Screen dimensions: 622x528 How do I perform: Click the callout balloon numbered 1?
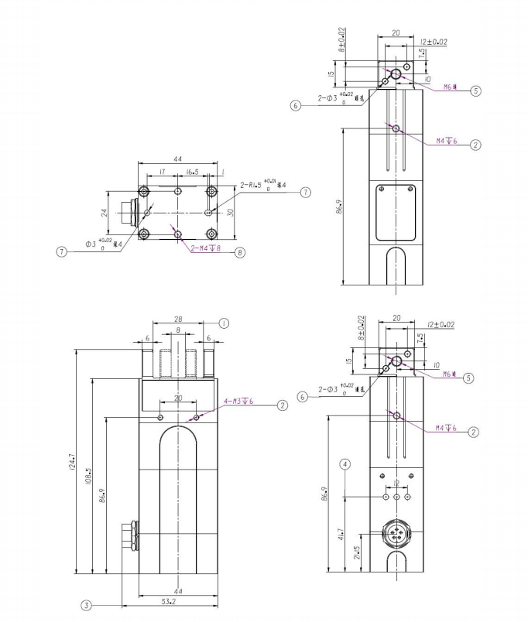pyautogui.click(x=225, y=323)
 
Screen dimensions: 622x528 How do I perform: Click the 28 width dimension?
pyautogui.click(x=177, y=319)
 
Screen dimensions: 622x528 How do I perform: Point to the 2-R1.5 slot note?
pyautogui.click(x=262, y=186)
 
